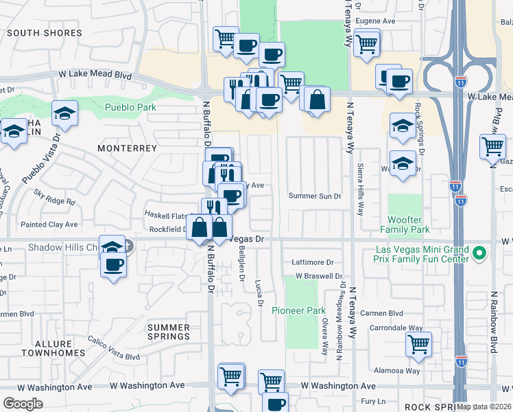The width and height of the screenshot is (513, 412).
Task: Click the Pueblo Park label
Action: (x=130, y=108)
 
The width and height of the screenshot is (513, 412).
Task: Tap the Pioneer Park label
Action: (x=298, y=311)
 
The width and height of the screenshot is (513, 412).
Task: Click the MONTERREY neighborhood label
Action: (x=127, y=148)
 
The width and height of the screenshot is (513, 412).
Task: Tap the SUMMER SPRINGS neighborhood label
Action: (x=168, y=332)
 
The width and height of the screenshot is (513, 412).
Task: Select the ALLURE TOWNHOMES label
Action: (x=47, y=348)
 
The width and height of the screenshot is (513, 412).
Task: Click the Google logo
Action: (x=23, y=403)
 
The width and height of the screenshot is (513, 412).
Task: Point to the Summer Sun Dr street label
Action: (x=314, y=196)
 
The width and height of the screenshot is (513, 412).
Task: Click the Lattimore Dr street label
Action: (x=312, y=262)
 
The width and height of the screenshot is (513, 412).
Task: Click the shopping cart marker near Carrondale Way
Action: (x=418, y=344)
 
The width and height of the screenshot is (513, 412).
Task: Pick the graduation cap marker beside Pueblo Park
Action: (x=64, y=114)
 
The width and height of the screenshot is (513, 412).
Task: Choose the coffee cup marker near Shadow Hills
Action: (x=114, y=264)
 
